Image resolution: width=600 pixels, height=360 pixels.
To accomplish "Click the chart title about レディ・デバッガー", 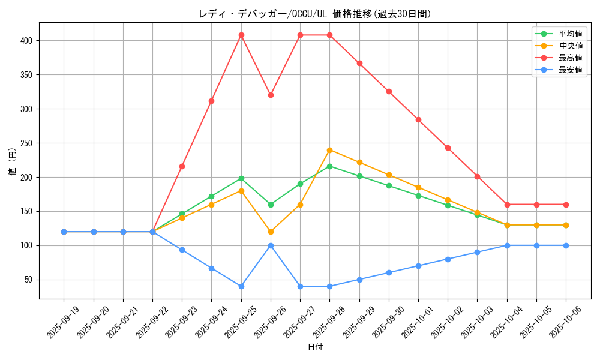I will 315,14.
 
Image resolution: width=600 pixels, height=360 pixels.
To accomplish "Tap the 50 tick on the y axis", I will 30,280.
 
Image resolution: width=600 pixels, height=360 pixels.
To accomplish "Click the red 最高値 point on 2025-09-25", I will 241,35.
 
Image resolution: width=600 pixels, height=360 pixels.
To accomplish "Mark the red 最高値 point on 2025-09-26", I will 271,95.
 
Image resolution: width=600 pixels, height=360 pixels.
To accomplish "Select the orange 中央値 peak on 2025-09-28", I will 329,150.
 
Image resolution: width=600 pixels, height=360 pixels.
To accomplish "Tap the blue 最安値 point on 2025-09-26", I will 271,245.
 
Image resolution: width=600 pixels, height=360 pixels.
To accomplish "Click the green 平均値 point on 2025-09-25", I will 241,178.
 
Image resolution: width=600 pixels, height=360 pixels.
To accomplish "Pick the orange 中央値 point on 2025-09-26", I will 271,232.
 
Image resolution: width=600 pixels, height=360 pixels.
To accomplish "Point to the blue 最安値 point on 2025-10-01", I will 418,266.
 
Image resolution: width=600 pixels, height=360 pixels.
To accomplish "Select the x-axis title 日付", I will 315,347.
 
